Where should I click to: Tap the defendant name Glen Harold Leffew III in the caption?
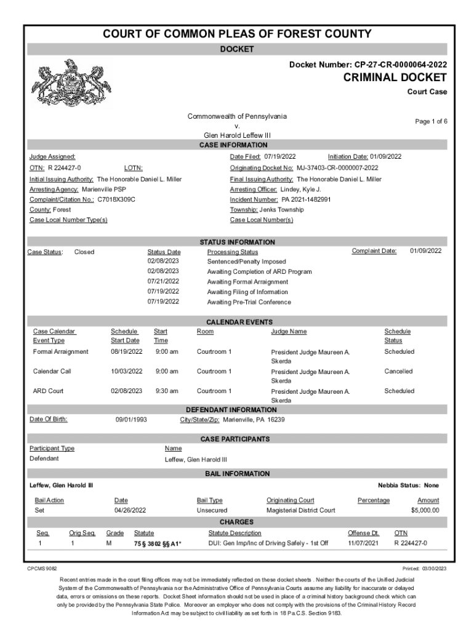(237, 135)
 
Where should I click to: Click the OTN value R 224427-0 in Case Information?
(65, 168)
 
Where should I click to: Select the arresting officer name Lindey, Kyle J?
(301, 189)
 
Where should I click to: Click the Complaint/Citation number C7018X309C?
(116, 200)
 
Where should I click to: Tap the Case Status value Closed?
(84, 252)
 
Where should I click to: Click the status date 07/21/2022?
(163, 282)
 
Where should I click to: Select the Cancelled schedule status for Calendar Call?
(398, 372)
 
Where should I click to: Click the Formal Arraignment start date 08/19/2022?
(126, 352)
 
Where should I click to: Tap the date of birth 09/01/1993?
(132, 420)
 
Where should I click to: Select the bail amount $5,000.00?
(425, 511)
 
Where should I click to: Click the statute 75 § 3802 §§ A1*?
(158, 544)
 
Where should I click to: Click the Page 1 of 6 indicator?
(431, 122)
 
